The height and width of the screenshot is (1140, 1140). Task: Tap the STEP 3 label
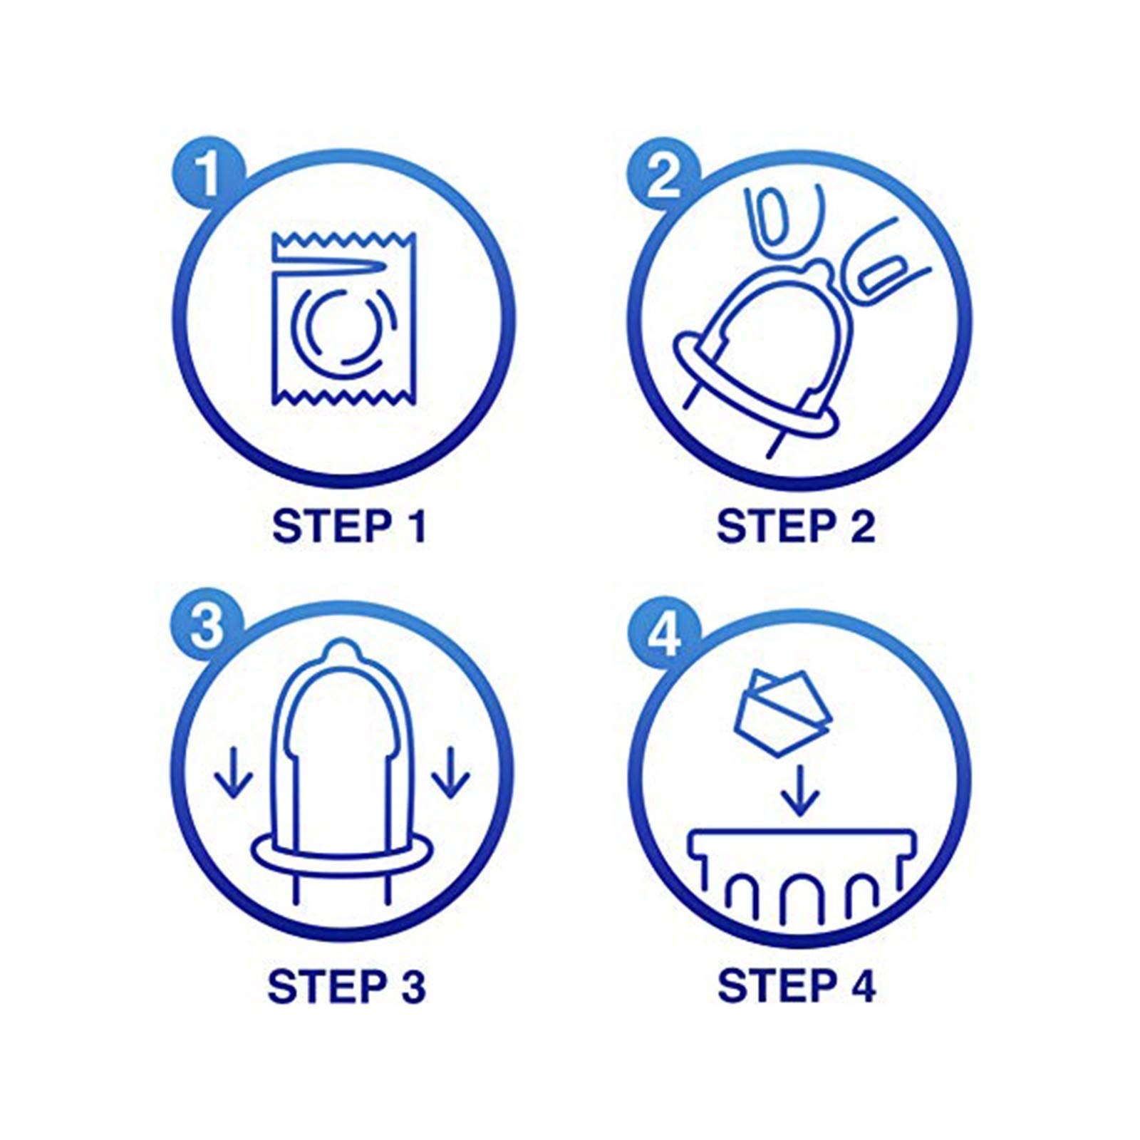tap(346, 986)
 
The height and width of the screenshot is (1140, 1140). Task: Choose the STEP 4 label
tap(796, 986)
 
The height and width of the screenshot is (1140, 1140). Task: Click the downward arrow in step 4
tap(800, 789)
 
